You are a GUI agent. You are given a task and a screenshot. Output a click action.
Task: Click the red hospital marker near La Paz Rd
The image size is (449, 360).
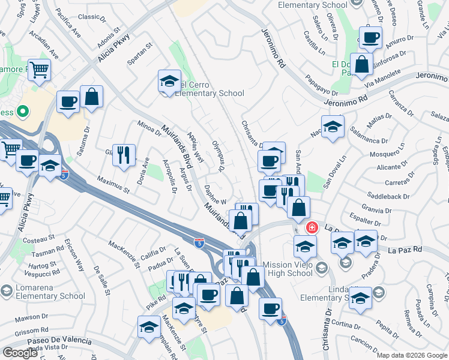coord(312,227)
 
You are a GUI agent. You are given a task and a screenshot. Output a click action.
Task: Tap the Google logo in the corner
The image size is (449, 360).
coord(20,353)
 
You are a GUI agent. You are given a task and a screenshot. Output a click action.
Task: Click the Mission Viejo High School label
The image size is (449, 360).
coord(280,268)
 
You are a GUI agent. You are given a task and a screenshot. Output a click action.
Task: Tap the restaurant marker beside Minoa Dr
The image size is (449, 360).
coord(124,155)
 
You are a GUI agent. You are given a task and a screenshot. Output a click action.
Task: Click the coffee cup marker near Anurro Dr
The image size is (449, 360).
coord(370,38)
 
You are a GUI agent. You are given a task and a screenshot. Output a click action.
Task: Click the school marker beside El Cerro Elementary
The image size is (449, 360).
coord(169,82)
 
